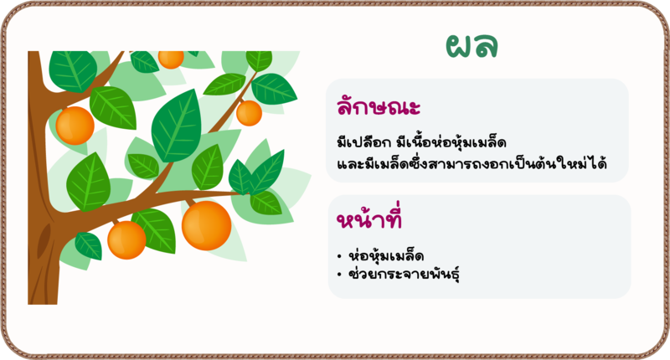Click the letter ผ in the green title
[458, 46]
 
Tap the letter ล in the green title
[486, 46]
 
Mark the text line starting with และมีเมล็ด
[472, 163]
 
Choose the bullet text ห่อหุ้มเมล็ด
[386, 256]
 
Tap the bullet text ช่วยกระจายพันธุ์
[404, 274]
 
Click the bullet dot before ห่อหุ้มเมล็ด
[339, 257]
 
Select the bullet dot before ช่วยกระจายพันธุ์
[339, 275]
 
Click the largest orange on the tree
[206, 225]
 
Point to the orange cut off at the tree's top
[171, 59]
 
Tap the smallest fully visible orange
[249, 113]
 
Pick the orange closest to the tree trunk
[75, 126]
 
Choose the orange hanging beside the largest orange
[126, 240]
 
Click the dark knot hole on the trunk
[44, 241]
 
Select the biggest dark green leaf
[177, 126]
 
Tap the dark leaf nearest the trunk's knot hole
[89, 246]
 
